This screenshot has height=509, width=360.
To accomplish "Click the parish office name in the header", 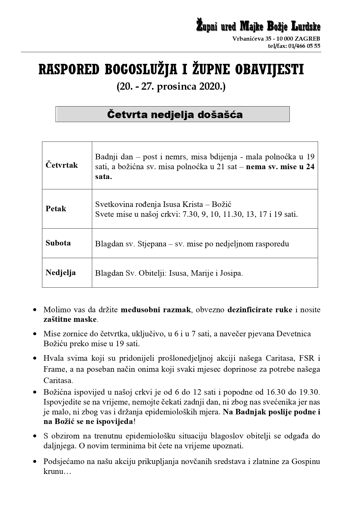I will click(258, 26).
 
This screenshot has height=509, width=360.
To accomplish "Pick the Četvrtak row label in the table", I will click(61, 165).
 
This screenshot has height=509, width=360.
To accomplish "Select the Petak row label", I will click(56, 209).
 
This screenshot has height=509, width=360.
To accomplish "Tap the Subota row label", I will click(58, 243).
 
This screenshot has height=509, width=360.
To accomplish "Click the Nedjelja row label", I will click(60, 272).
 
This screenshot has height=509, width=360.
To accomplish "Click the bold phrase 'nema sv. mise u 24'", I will click(280, 167).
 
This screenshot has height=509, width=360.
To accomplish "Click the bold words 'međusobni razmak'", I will click(156, 310).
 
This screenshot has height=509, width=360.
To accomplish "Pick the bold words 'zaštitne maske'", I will click(70, 320).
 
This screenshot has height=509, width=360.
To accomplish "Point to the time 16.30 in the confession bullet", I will click(274, 392).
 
